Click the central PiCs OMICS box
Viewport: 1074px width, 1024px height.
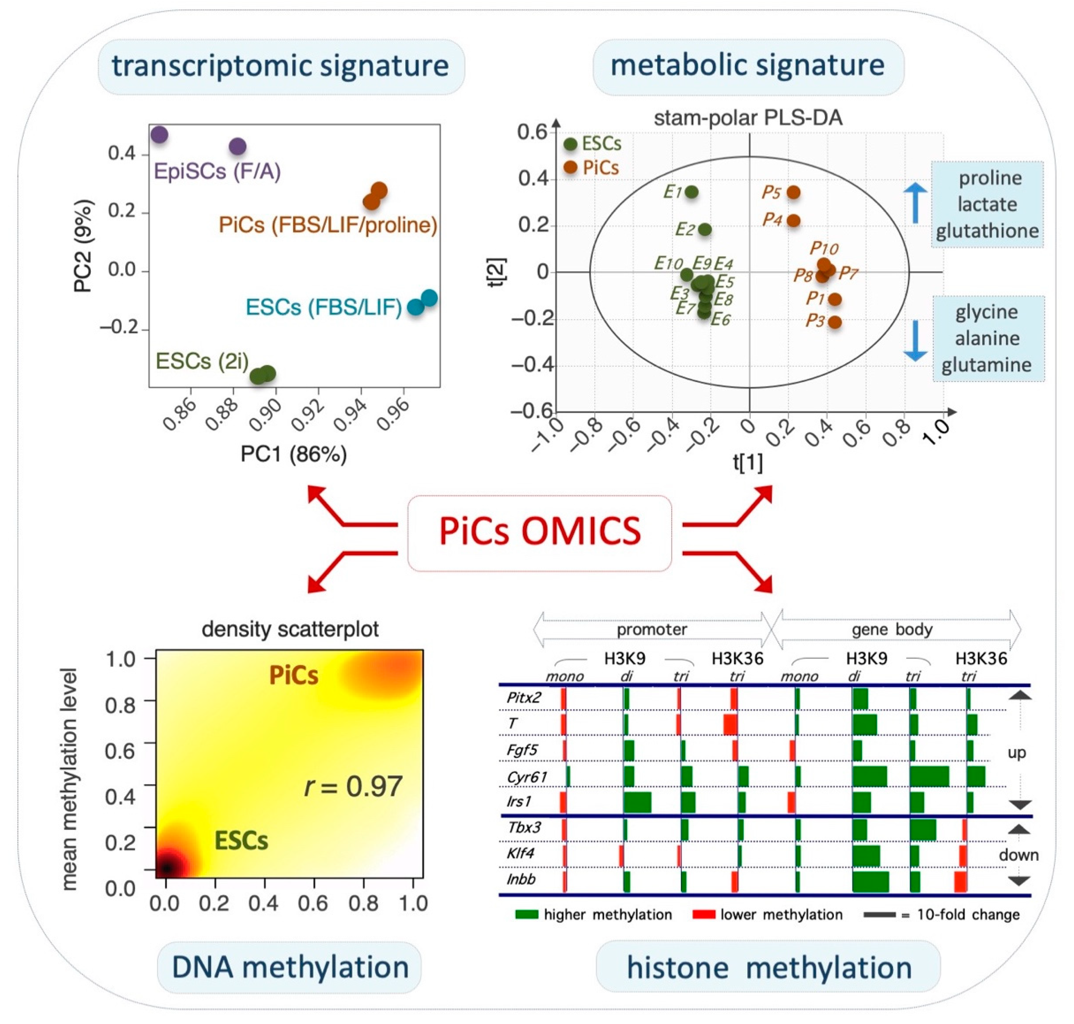coord(540,532)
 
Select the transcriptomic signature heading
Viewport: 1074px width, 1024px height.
coord(281,66)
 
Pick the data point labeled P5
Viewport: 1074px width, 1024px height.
coord(793,192)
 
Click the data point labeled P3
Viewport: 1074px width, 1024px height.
coord(834,322)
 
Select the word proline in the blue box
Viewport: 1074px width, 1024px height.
coord(990,178)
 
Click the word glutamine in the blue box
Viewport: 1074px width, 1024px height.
coord(987,365)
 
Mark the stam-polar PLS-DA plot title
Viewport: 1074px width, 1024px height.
coord(748,118)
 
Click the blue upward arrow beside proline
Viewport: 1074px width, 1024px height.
coord(915,202)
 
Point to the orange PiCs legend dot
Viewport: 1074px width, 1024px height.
coord(571,168)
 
